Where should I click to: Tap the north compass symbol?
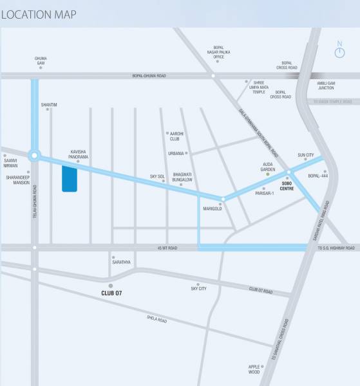339,50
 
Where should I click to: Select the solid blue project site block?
69,178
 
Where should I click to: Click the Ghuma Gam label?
41,60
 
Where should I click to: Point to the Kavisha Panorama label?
79,154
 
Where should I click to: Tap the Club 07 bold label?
111,293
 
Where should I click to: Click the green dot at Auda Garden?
268,174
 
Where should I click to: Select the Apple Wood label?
254,369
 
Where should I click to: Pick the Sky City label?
198,289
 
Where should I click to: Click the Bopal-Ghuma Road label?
149,76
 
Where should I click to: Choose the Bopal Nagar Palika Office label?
218,52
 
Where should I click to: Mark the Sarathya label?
121,262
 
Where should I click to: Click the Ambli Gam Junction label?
326,85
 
